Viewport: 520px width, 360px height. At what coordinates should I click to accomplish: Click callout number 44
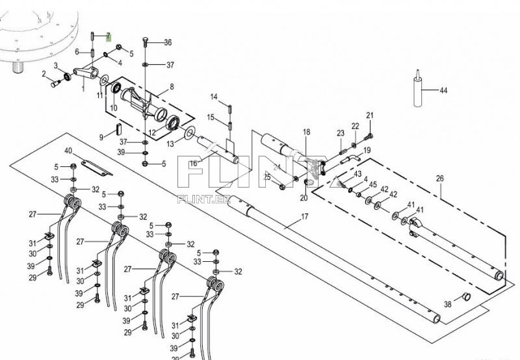tap(444, 91)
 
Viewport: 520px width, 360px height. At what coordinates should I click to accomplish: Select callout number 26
tap(440, 178)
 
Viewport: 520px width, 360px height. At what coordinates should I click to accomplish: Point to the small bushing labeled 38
tap(466, 297)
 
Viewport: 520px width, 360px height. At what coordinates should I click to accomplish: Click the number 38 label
tap(447, 304)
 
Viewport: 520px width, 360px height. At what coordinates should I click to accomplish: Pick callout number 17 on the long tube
tap(304, 216)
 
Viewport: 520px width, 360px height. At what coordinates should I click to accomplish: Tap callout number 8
tap(172, 86)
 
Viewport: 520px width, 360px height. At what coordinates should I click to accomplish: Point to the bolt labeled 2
tap(53, 83)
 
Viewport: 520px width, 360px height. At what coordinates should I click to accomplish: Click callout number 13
tap(170, 143)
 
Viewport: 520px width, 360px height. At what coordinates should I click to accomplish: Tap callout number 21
tap(370, 116)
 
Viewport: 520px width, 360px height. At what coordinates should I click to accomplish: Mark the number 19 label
tap(367, 150)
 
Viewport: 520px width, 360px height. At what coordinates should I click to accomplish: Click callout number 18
tap(306, 132)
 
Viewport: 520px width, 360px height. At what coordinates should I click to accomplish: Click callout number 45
tap(372, 185)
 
